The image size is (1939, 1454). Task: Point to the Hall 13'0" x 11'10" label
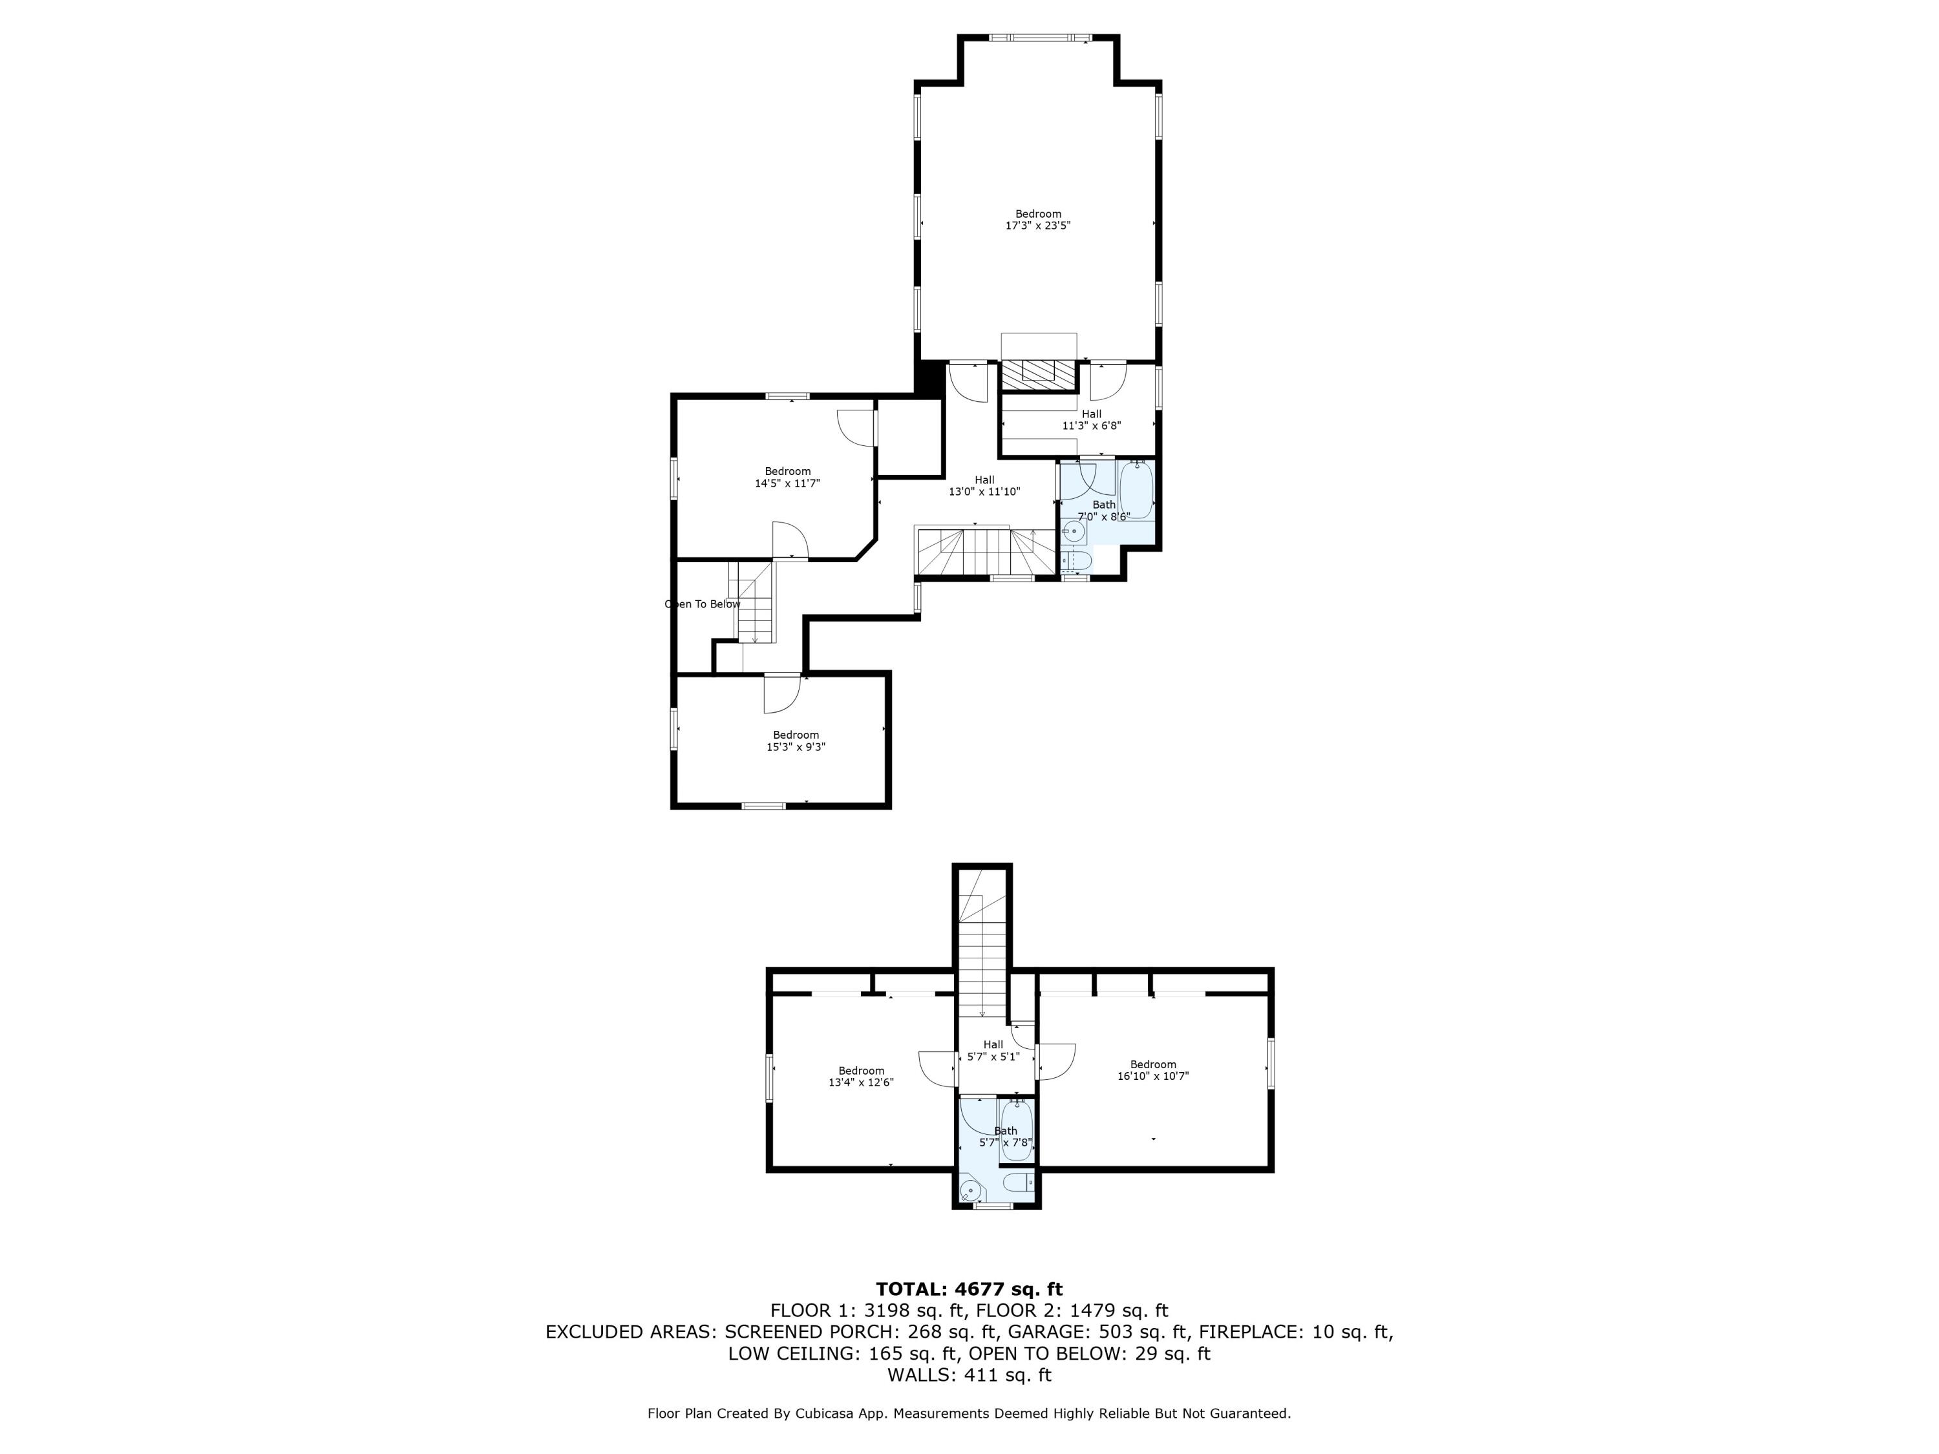[x=984, y=485]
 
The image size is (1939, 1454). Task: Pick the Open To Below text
[x=702, y=604]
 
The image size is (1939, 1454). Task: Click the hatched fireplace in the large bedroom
[x=1039, y=374]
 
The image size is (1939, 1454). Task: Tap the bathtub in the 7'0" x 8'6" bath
[x=1136, y=490]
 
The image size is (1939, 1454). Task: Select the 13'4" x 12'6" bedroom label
[x=861, y=1076]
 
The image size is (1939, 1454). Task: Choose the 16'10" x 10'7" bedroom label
[x=1152, y=1070]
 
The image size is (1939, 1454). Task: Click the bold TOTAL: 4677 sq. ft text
[x=969, y=1289]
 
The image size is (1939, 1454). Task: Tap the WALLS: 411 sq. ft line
[x=969, y=1375]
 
